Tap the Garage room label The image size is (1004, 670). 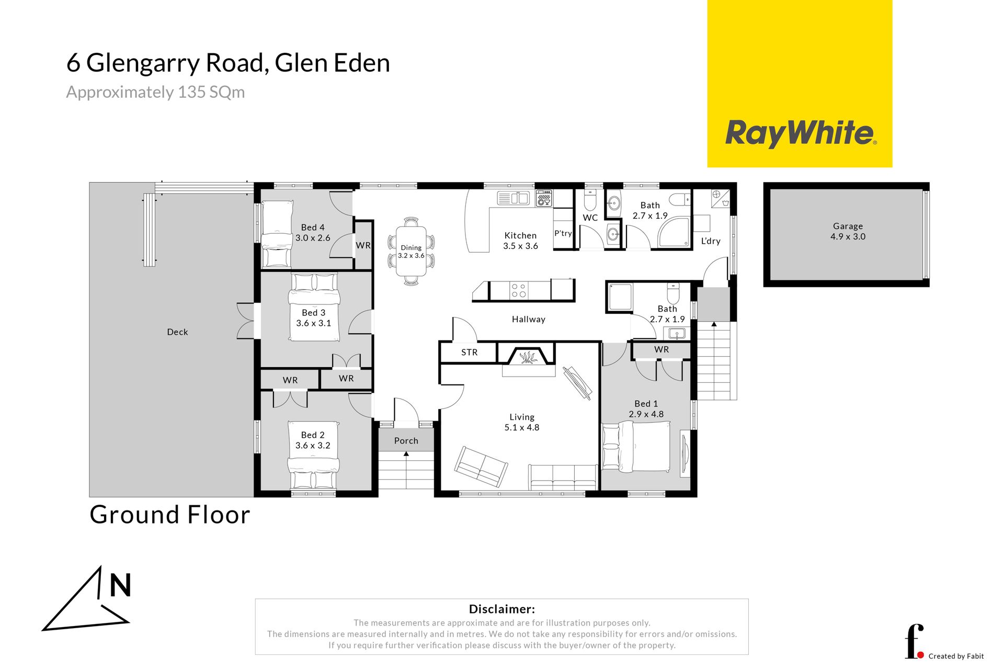(848, 226)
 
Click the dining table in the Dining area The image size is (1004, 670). (411, 251)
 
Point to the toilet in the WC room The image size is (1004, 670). (590, 199)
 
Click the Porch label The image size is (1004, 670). (406, 441)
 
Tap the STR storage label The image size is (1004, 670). (469, 353)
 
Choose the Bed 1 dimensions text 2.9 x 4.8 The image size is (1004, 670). (646, 414)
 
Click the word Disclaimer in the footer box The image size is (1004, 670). (501, 609)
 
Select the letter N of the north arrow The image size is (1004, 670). (120, 585)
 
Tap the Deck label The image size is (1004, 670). (177, 332)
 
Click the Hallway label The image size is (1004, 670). (529, 320)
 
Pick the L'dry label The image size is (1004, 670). (711, 241)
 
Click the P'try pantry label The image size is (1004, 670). (563, 233)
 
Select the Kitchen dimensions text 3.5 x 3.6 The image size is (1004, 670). (520, 246)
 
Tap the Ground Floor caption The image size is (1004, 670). (170, 515)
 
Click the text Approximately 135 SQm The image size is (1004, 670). (155, 92)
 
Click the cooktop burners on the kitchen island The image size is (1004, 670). (519, 290)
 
